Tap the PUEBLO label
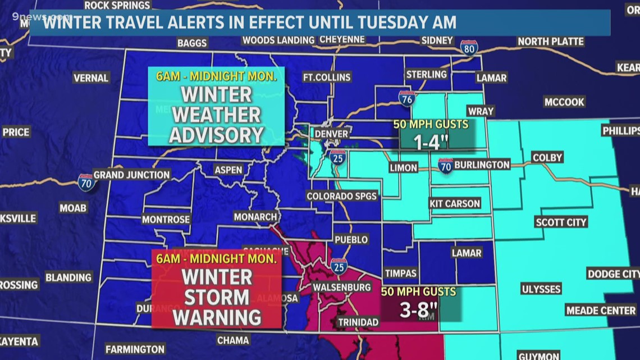tap(351, 240)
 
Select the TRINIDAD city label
tap(358, 322)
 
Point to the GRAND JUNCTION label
tap(132, 175)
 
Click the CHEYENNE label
tap(342, 40)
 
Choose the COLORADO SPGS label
tap(342, 196)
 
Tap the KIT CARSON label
tap(455, 203)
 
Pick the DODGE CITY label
tap(613, 274)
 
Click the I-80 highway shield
tap(469, 48)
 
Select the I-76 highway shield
tap(407, 98)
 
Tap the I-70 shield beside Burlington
tap(445, 165)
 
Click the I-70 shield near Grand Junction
tap(86, 181)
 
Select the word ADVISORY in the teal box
tap(217, 134)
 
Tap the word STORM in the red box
tap(217, 297)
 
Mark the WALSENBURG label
tap(342, 288)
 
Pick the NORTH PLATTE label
tap(550, 42)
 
